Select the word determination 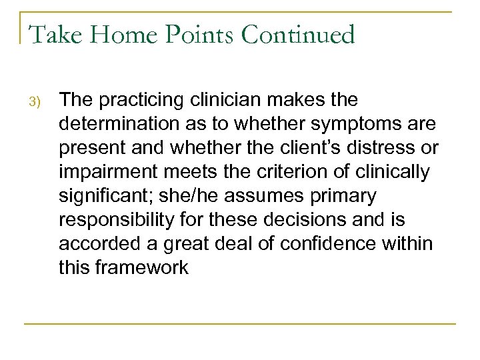tap(113, 125)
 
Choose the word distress tap(386, 149)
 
